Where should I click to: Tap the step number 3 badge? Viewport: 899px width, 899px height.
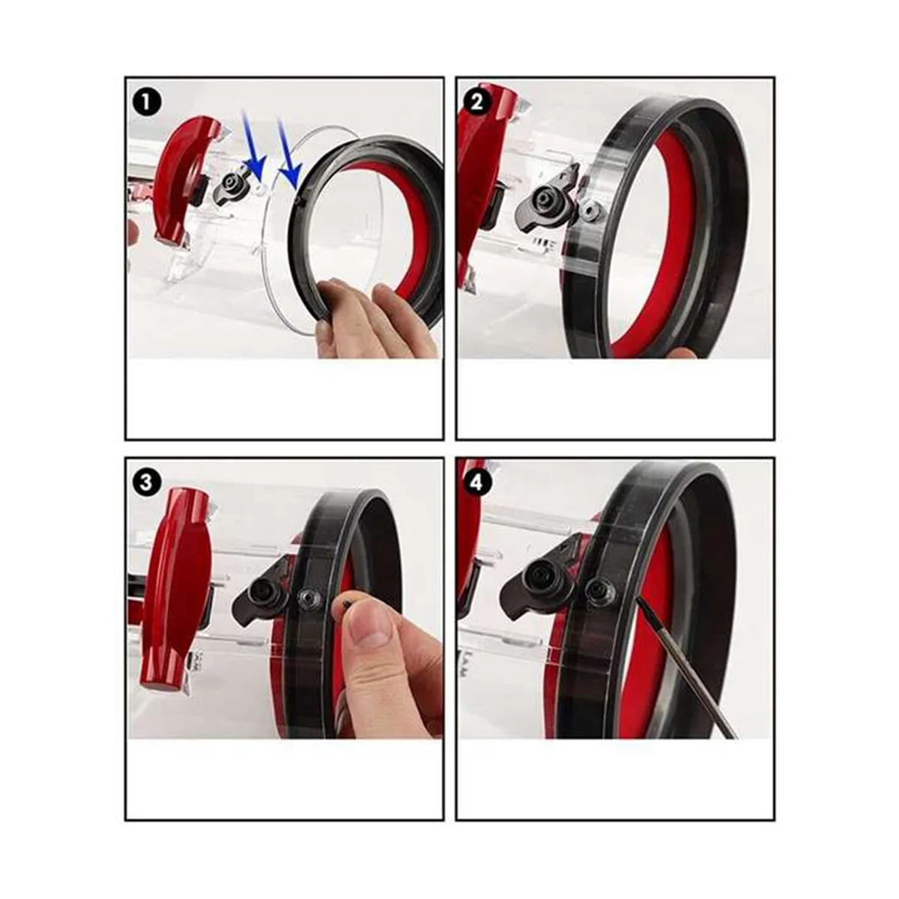[146, 482]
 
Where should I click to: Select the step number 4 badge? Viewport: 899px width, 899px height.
[477, 482]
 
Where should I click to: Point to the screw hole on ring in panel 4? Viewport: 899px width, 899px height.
[596, 590]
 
